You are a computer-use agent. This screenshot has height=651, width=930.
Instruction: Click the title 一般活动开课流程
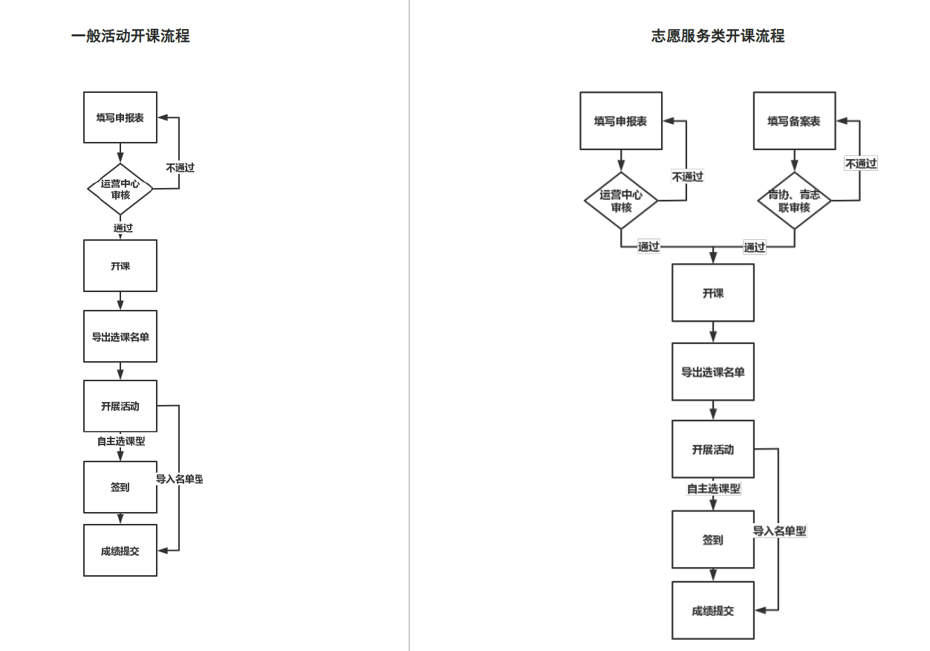[130, 36]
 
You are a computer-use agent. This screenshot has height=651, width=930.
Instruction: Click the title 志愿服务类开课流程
[718, 36]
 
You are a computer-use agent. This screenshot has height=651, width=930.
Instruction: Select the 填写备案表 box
[794, 121]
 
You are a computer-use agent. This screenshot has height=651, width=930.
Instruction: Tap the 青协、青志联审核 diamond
[794, 201]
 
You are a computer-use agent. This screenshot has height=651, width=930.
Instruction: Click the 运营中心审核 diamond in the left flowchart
[120, 190]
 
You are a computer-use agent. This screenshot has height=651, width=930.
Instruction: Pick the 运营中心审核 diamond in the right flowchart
[621, 201]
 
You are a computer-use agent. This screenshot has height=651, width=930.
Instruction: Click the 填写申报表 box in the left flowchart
[120, 117]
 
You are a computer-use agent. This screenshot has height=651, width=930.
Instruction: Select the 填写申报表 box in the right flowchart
[621, 121]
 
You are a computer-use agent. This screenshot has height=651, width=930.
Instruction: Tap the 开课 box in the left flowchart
[120, 265]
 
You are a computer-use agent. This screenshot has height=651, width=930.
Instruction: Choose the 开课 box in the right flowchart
[713, 293]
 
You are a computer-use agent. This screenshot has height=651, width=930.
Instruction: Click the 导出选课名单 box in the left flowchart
[120, 337]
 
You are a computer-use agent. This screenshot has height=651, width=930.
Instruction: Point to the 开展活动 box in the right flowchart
[713, 449]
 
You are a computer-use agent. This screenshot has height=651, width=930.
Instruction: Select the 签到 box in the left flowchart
[120, 487]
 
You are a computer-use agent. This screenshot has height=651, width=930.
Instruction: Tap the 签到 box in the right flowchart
[713, 540]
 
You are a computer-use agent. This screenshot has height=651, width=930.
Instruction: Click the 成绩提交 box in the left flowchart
[120, 551]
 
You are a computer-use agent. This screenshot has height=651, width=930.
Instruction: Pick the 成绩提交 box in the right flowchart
[713, 610]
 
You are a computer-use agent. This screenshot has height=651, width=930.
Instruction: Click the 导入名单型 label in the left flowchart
[179, 479]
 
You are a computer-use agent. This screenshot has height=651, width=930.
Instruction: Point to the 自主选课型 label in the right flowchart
[713, 488]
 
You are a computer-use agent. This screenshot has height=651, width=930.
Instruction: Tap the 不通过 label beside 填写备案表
[860, 163]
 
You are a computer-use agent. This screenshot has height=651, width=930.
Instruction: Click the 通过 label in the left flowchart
[123, 227]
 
